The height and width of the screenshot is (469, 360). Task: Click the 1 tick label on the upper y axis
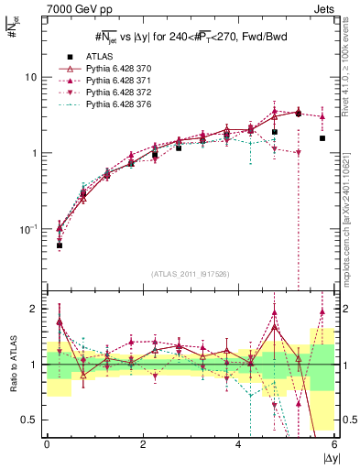[x=35, y=153]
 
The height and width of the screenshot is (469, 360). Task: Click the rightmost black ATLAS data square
[x=322, y=138]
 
